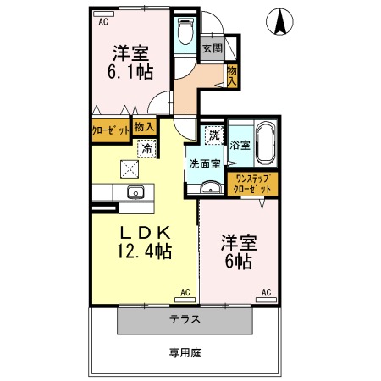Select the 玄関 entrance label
click(x=210, y=48)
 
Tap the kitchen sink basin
click(x=135, y=192)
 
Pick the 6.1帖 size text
click(x=129, y=73)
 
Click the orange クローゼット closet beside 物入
click(x=110, y=130)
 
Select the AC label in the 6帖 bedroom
click(x=266, y=293)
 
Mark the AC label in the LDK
click(x=185, y=293)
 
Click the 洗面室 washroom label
click(x=204, y=164)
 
